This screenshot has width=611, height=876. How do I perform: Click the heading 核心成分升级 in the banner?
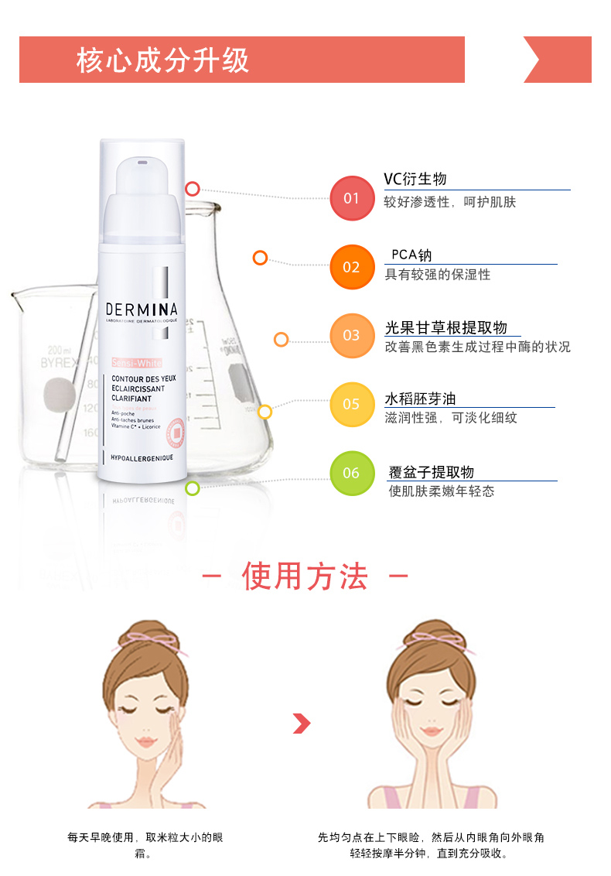tap(163, 60)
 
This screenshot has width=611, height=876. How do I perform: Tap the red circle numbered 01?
tap(351, 198)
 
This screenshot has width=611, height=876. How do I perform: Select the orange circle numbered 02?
tap(351, 267)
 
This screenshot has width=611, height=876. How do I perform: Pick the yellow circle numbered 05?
tap(351, 404)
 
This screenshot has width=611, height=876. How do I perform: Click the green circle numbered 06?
tap(351, 473)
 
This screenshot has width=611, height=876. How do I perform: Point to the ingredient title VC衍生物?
tap(415, 180)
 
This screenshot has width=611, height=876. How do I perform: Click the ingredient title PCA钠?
tap(411, 255)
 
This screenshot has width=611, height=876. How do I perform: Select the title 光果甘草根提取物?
tap(446, 328)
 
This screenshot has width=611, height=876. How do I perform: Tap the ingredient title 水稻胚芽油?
tap(420, 399)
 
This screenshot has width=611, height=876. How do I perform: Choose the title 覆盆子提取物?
tap(431, 472)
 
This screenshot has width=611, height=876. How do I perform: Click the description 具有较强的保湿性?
tap(438, 275)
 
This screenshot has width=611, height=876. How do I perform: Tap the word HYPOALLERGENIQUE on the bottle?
tap(142, 458)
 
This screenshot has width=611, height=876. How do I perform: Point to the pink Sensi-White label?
tap(136, 361)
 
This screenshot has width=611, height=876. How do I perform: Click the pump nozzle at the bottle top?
tap(142, 163)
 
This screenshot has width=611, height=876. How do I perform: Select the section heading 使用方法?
tap(305, 577)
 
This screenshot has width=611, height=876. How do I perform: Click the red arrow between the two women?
tap(302, 724)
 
